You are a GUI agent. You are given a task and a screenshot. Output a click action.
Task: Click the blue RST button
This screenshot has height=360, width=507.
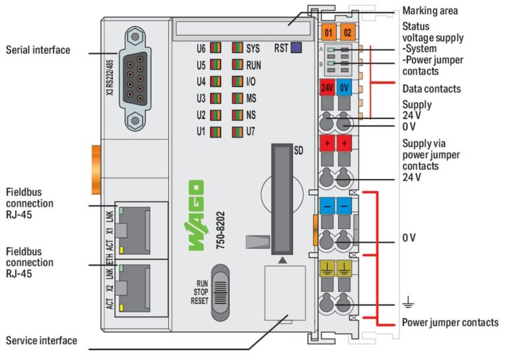296,48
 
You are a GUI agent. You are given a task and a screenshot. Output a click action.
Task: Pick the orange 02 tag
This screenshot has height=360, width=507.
347,31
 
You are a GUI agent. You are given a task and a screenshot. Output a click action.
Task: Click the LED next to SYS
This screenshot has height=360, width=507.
237,48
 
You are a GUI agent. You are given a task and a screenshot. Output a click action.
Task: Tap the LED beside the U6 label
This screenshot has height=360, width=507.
215,48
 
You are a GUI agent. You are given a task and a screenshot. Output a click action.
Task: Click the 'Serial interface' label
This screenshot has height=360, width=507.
38,50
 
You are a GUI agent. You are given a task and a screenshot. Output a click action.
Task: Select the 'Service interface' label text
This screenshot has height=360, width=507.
41,341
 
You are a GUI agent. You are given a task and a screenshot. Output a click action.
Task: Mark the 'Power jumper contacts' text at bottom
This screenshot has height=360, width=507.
450,322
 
